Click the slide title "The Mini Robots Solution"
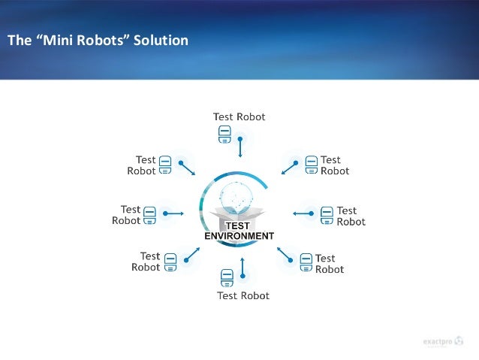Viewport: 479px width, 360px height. tap(98, 40)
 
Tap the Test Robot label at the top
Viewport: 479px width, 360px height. tap(239, 116)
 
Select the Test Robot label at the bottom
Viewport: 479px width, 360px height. tap(243, 295)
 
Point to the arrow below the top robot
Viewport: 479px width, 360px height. tap(240, 147)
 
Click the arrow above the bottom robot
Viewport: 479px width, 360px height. tap(243, 268)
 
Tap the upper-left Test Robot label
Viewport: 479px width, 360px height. tap(142, 165)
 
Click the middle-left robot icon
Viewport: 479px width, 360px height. tap(149, 215)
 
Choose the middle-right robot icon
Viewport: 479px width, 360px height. tap(327, 216)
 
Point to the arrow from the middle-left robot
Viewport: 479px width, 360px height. tap(173, 214)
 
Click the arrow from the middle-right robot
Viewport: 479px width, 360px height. tap(303, 214)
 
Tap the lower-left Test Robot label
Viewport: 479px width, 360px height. tap(146, 262)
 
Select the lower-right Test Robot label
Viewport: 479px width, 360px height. tap(329, 264)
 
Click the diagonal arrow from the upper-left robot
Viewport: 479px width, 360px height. tap(188, 167)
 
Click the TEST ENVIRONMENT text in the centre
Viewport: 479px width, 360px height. tap(239, 231)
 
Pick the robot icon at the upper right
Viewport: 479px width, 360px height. tap(311, 165)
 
